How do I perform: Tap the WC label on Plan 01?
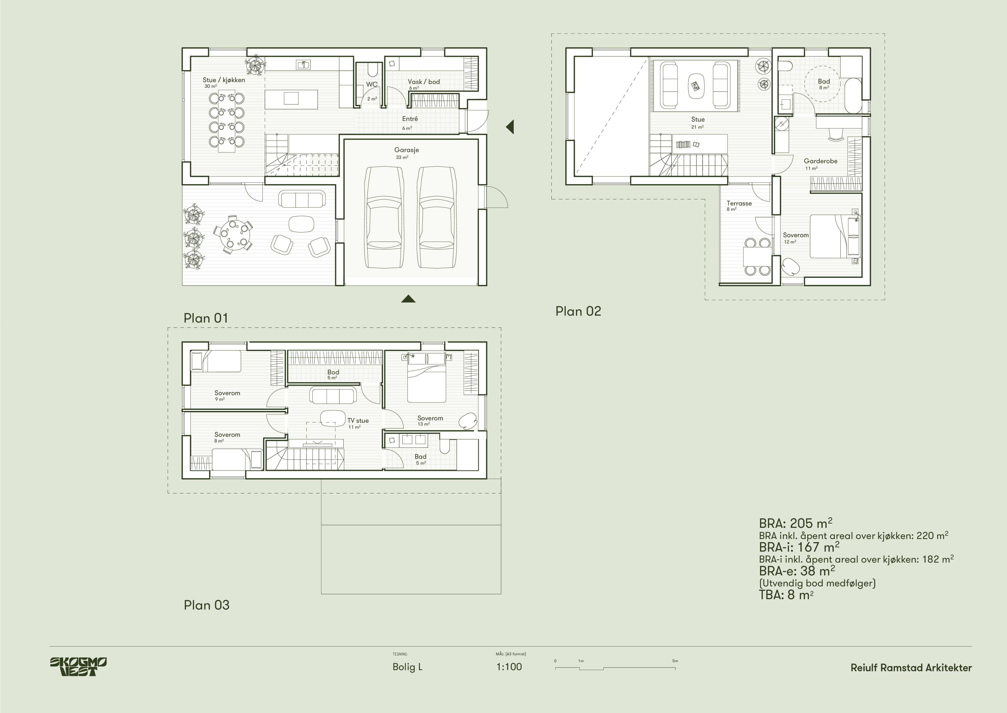[371, 84]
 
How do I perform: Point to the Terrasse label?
[739, 203]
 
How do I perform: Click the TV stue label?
[358, 421]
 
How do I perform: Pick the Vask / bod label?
[424, 82]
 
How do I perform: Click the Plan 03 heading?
[207, 605]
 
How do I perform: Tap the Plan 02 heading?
[578, 311]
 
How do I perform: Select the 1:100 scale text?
[509, 667]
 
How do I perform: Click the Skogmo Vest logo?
[78, 667]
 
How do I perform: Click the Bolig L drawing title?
[407, 667]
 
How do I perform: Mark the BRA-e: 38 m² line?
[797, 571]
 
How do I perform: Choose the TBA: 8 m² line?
[786, 595]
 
